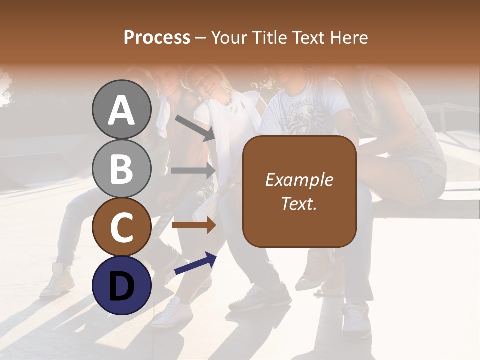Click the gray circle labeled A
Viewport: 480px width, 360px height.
coord(121,109)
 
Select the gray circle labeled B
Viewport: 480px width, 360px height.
coord(121,168)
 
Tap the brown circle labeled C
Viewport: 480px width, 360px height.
coord(121,227)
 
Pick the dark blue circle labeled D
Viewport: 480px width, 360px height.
coord(121,285)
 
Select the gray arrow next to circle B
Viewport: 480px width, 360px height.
coord(193,170)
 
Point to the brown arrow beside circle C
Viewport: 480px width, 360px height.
coord(193,225)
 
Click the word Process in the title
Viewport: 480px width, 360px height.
coord(157,37)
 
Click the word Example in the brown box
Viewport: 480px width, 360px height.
coord(299,180)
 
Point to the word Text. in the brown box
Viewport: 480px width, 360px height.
coord(299,203)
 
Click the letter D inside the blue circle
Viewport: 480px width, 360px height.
coord(121,286)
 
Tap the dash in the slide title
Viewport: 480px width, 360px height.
coord(201,38)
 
